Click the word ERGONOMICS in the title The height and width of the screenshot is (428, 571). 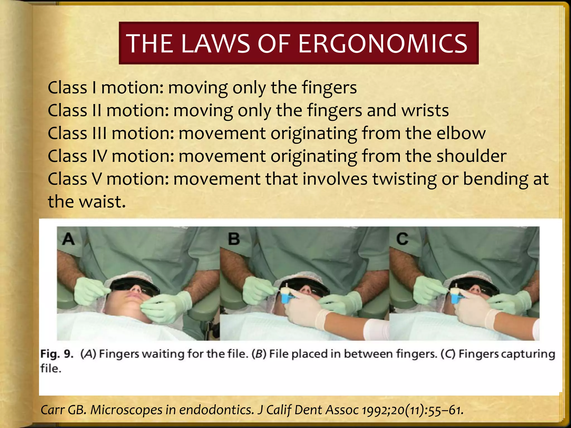click(x=383, y=44)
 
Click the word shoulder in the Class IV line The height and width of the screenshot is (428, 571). click(x=471, y=156)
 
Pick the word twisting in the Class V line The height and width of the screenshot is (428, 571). click(x=404, y=179)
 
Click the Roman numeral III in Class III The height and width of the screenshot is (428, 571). click(x=100, y=133)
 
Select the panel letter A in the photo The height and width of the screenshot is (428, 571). click(x=69, y=239)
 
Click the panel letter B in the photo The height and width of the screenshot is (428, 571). click(x=234, y=239)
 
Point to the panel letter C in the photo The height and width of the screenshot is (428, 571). click(x=402, y=239)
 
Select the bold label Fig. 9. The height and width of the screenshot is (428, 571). click(x=57, y=354)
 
